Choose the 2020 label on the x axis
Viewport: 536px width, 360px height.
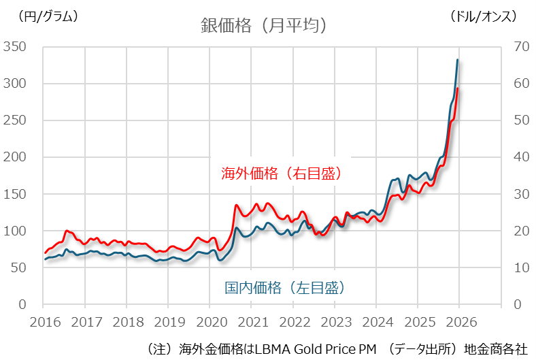pyautogui.click(x=210, y=321)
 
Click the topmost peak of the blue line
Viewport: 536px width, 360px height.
pyautogui.click(x=457, y=60)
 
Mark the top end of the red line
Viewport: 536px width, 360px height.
pyautogui.click(x=458, y=88)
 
